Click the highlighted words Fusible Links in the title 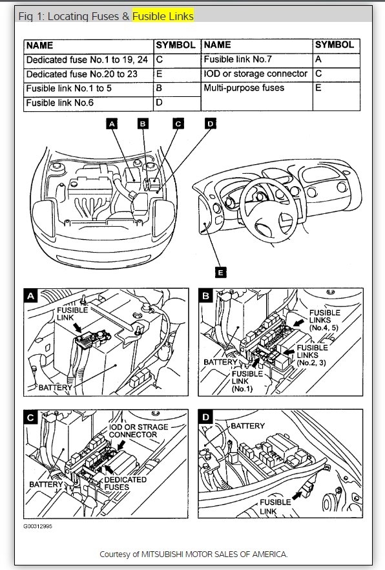[x=163, y=16]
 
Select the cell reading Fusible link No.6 [x=88, y=103]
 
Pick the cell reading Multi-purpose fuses [x=256, y=96]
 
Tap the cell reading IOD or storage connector [x=256, y=74]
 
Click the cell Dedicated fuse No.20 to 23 [x=88, y=74]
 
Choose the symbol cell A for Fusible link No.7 [x=337, y=60]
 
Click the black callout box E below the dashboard [x=220, y=272]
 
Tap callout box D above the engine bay [x=211, y=123]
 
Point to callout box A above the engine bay [x=112, y=123]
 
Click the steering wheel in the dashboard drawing [x=269, y=210]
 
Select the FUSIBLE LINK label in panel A [x=72, y=313]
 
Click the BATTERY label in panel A [x=55, y=388]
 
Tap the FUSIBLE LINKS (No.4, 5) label [x=324, y=320]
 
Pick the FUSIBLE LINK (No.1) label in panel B [x=247, y=381]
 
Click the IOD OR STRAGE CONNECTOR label [x=138, y=431]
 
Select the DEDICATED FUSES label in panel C [x=125, y=483]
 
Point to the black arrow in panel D [x=297, y=495]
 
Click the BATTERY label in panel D [x=247, y=426]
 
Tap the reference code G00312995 [x=37, y=526]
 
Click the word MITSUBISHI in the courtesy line [x=162, y=554]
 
